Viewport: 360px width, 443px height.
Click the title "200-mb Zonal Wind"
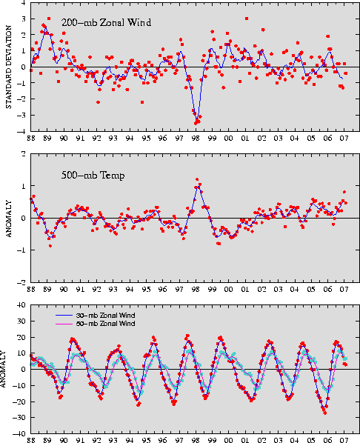pyautogui.click(x=106, y=22)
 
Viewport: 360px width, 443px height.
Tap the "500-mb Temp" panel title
pyautogui.click(x=93, y=176)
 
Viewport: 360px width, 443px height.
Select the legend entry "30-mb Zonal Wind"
pyautogui.click(x=105, y=316)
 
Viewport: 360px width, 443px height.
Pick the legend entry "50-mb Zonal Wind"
pyautogui.click(x=105, y=324)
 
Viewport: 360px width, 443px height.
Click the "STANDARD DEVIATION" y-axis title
pyautogui.click(x=8, y=67)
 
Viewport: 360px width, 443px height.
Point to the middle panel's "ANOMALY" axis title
pyautogui.click(x=8, y=219)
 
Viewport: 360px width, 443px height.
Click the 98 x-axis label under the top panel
pyautogui.click(x=196, y=138)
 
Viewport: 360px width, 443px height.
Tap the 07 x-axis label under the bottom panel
pyautogui.click(x=344, y=440)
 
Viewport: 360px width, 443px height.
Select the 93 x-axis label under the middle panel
pyautogui.click(x=113, y=290)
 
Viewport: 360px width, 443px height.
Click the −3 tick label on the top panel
pyautogui.click(x=21, y=115)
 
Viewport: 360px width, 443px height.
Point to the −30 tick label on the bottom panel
pyautogui.click(x=20, y=418)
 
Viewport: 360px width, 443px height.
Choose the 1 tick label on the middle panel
pyautogui.click(x=24, y=186)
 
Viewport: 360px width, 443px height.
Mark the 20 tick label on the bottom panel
pyautogui.click(x=21, y=337)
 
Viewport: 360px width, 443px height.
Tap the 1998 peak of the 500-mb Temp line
pyautogui.click(x=198, y=186)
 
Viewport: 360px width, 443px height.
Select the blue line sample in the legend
pyautogui.click(x=64, y=316)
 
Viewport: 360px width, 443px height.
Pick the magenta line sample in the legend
pyautogui.click(x=64, y=324)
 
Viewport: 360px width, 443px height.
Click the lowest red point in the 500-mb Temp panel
pyautogui.click(x=50, y=246)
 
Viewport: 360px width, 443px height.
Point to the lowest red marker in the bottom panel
pyautogui.click(x=325, y=413)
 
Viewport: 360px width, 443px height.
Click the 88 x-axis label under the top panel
pyautogui.click(x=31, y=138)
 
